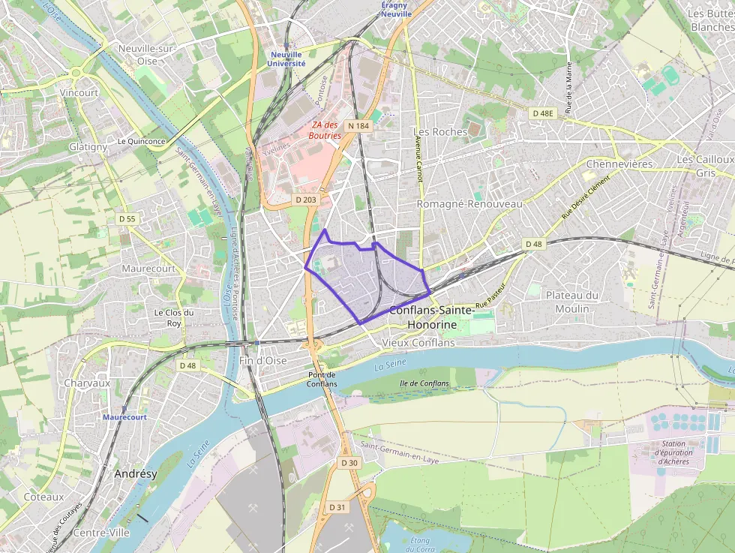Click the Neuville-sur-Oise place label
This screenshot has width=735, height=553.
[x=147, y=54]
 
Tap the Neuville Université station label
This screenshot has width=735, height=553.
[x=286, y=59]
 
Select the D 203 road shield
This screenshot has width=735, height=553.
[x=306, y=200]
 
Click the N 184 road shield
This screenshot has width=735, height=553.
[x=358, y=126]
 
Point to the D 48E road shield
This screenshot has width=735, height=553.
[x=542, y=113]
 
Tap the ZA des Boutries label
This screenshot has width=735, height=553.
[x=325, y=130]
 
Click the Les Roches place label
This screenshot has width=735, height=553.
[x=440, y=131]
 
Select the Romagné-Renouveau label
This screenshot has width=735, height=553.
[x=469, y=204]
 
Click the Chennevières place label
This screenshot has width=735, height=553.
[x=619, y=164]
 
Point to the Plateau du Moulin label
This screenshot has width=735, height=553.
[x=572, y=302]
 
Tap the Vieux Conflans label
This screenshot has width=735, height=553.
[x=418, y=342]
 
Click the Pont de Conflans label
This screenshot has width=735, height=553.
[x=322, y=379]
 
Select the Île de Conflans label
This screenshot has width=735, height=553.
[x=424, y=383]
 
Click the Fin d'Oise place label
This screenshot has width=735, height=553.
[x=262, y=360]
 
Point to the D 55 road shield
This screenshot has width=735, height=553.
[x=127, y=218]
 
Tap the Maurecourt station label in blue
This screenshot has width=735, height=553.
[x=124, y=416]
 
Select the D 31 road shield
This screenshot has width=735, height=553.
[x=337, y=507]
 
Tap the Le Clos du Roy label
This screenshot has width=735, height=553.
[x=174, y=317]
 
